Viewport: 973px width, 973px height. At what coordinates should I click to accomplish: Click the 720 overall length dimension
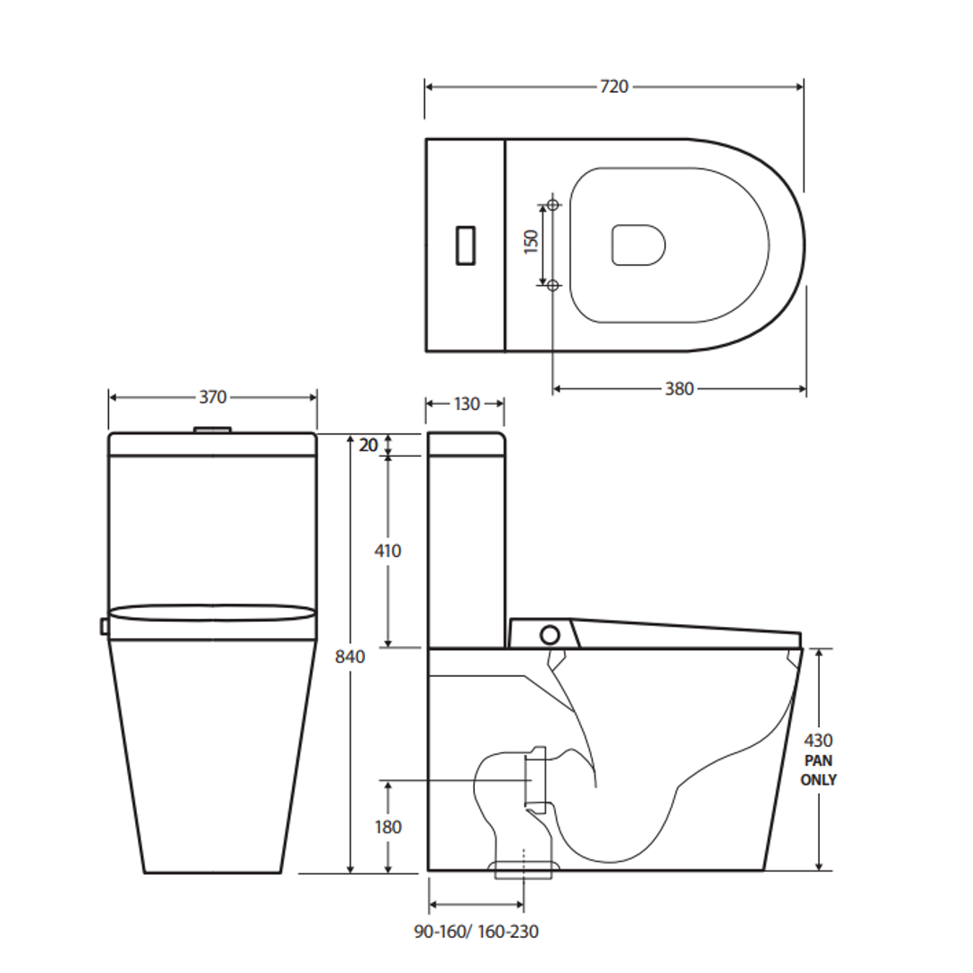click(x=614, y=86)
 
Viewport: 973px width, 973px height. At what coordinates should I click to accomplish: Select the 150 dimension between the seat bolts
click(x=532, y=242)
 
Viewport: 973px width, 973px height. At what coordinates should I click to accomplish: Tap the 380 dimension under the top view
click(x=679, y=388)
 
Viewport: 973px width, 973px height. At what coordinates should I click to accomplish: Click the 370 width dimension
click(x=213, y=397)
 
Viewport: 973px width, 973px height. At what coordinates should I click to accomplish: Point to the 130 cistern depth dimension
click(x=466, y=405)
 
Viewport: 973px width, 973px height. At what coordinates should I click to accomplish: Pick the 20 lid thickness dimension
click(x=368, y=444)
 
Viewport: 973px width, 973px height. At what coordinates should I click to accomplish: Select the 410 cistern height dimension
click(x=387, y=550)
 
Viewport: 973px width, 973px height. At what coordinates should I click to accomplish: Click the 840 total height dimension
click(x=350, y=657)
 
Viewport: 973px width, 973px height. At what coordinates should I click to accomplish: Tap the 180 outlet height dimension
click(x=387, y=826)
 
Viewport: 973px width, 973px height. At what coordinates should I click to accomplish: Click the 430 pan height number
click(x=818, y=741)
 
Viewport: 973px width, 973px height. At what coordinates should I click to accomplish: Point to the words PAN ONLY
click(x=818, y=770)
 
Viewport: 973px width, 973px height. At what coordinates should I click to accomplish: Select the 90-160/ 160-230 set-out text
click(x=477, y=932)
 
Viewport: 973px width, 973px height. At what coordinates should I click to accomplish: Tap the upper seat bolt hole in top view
click(x=553, y=205)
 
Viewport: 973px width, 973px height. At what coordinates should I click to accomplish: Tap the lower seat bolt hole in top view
click(x=553, y=285)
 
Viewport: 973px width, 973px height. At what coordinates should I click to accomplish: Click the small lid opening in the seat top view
click(x=638, y=245)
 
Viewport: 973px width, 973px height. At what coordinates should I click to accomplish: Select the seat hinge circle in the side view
click(x=549, y=633)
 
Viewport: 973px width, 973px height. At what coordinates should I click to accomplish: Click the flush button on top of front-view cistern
click(x=213, y=430)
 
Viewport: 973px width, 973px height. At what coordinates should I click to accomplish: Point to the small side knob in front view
click(x=105, y=625)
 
